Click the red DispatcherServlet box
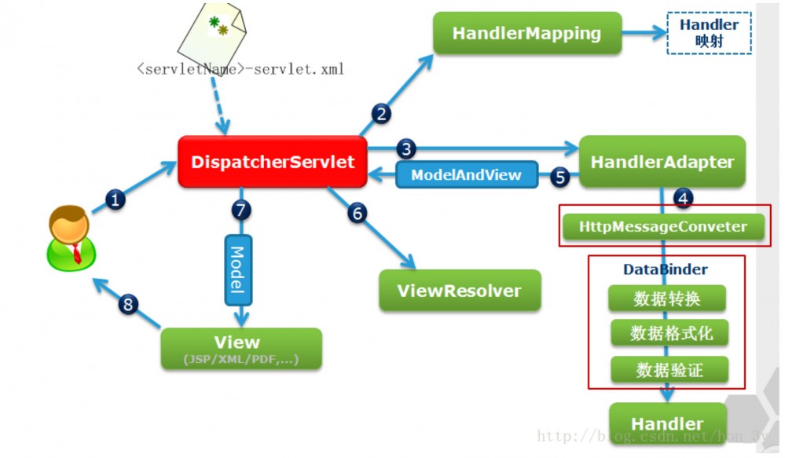coord(273,163)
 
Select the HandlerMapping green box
coord(526,34)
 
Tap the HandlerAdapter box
coord(662,163)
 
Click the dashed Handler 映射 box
coord(709,33)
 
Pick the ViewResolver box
coord(460,291)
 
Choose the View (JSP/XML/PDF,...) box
coord(241,349)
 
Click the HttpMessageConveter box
coord(662,228)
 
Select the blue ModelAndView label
coord(466,174)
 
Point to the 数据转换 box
coord(667,299)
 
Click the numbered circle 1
coord(116,200)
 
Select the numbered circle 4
coord(683,199)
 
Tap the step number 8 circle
coord(128,304)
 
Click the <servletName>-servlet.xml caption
coord(240,69)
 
